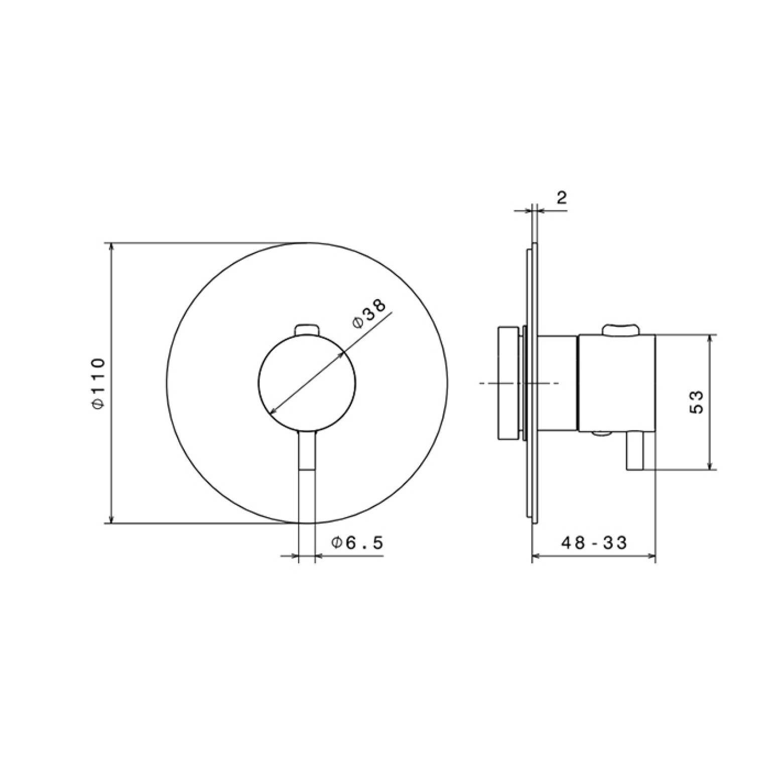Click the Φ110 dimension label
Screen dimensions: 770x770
98,382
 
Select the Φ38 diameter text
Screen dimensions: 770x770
369,314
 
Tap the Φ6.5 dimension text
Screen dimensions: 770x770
357,542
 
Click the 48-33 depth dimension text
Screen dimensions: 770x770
594,542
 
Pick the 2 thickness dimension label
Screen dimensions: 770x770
562,197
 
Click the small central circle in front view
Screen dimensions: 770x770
307,382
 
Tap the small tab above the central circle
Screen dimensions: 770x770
307,329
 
